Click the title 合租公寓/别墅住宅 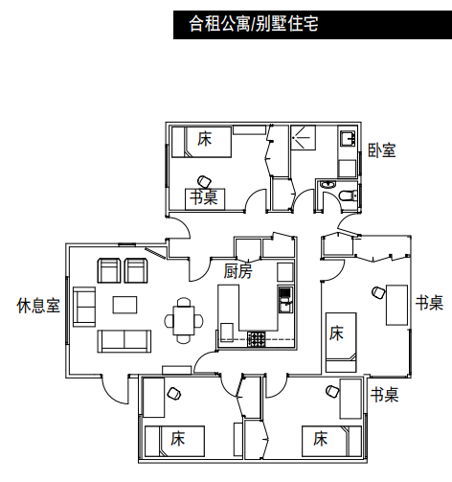point(254,23)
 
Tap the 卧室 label point(382,150)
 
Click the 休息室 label point(38,306)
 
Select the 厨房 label point(237,271)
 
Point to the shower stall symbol point(303,137)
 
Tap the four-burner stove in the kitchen point(257,339)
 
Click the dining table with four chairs point(184,320)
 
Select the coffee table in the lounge point(124,305)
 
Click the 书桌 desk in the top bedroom point(205,198)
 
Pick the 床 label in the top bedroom point(205,139)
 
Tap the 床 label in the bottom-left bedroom point(177,438)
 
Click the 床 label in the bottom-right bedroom point(320,438)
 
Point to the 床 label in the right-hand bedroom point(336,333)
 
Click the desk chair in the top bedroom point(204,181)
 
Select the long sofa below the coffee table point(124,341)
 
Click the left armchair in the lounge point(109,270)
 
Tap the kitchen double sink point(284,299)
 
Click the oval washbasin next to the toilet point(328,185)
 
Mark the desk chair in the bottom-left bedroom point(174,393)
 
